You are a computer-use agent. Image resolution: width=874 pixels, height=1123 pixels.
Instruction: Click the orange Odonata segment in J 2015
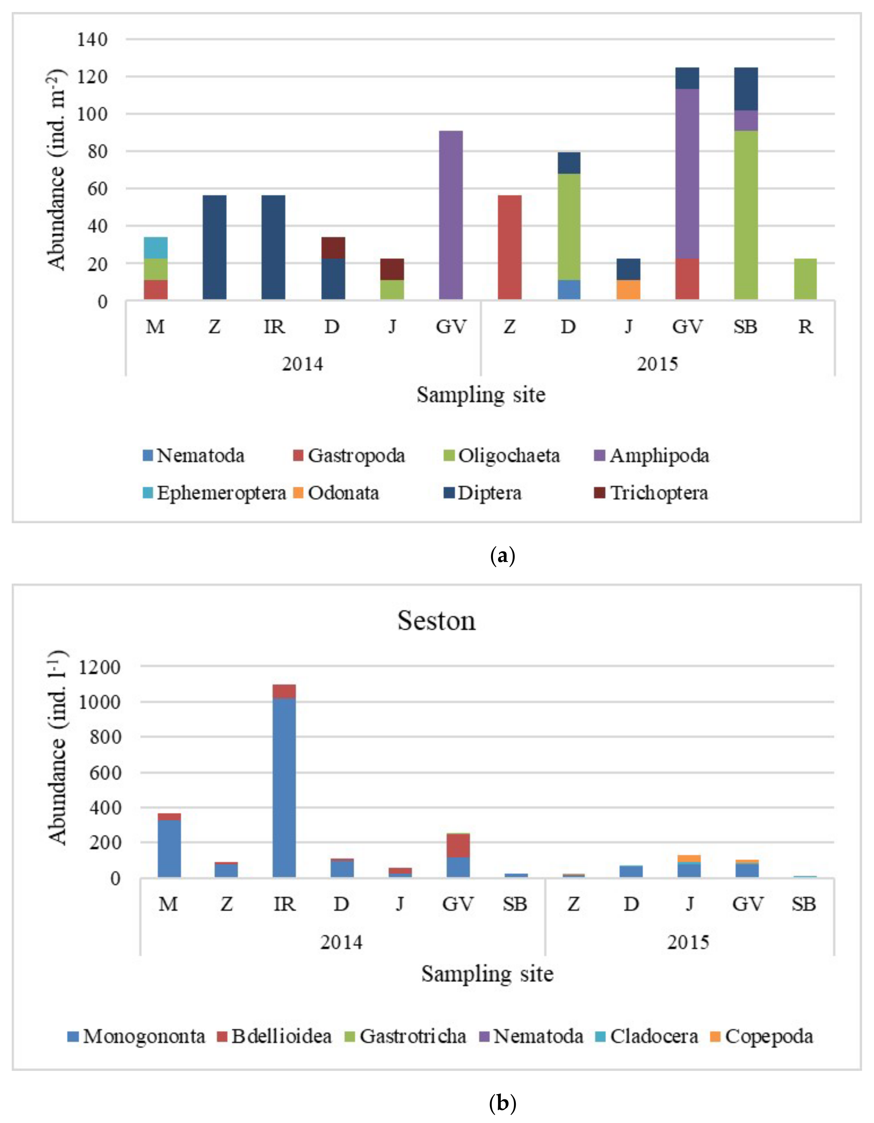[628, 290]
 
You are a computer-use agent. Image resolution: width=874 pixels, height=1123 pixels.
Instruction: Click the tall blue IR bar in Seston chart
[284, 787]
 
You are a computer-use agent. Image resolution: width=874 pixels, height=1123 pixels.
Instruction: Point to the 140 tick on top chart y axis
[92, 40]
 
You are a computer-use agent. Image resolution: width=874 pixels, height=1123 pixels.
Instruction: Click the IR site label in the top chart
[274, 326]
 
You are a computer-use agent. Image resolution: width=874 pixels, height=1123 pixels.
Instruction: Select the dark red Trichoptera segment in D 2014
[333, 248]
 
